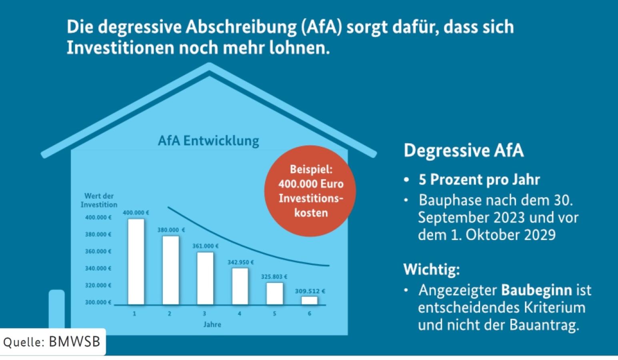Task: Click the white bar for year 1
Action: click(x=136, y=262)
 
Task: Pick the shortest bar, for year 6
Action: click(x=309, y=300)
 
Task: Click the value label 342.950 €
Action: click(x=240, y=262)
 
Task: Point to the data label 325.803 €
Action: click(x=274, y=277)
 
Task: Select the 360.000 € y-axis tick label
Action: click(x=98, y=251)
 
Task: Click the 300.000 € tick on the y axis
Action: click(x=98, y=302)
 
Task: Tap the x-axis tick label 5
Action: click(x=274, y=314)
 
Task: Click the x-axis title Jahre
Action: click(x=212, y=324)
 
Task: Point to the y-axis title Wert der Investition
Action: click(x=99, y=200)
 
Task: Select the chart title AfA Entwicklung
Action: click(x=208, y=141)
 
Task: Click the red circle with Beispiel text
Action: click(x=310, y=191)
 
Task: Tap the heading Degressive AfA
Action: click(x=464, y=151)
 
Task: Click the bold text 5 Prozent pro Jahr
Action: click(x=479, y=180)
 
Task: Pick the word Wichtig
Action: click(x=431, y=269)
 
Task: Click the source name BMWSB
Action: click(x=74, y=342)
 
